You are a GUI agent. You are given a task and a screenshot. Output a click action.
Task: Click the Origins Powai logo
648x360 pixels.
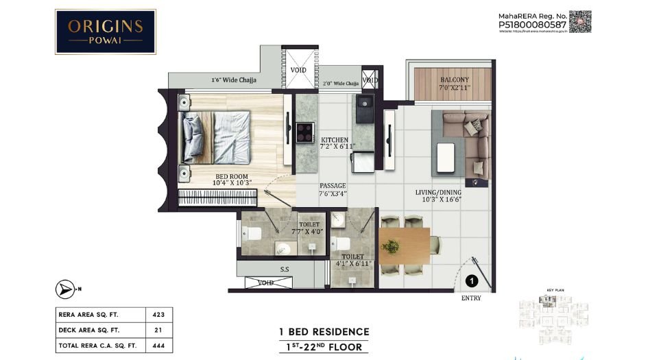coord(105,32)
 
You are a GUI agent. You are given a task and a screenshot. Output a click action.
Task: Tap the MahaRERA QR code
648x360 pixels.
coord(580,21)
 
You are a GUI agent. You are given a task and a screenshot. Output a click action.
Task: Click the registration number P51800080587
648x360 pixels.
coord(532,25)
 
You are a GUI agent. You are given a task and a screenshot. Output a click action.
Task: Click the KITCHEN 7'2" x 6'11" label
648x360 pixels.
coord(334,143)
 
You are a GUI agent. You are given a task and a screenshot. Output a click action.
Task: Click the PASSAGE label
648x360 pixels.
coord(333,189)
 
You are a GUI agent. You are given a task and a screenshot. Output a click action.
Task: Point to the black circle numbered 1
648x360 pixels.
coord(471,280)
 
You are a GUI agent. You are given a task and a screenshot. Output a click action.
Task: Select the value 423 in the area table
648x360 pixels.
coord(158,315)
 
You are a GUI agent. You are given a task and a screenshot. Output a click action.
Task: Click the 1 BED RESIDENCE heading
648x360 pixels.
coord(324,332)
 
